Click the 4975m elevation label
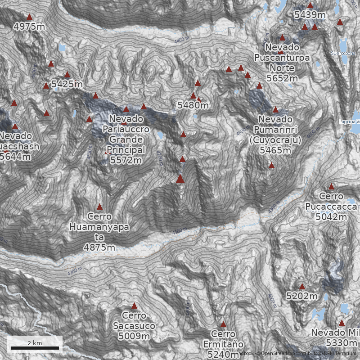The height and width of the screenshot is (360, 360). pyautogui.click(x=29, y=27)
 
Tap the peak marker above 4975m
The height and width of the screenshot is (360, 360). pyautogui.click(x=30, y=17)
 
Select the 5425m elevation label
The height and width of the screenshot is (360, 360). pyautogui.click(x=67, y=84)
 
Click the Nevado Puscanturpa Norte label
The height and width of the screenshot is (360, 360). pyautogui.click(x=282, y=63)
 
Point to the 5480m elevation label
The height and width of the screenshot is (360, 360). pyautogui.click(x=193, y=105)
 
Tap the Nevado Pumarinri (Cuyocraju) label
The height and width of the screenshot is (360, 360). pyautogui.click(x=275, y=135)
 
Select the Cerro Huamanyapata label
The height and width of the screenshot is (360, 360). pyautogui.click(x=99, y=232)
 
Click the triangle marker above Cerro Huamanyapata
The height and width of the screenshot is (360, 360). pyautogui.click(x=99, y=207)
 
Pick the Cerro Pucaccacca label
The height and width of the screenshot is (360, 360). pyautogui.click(x=331, y=207)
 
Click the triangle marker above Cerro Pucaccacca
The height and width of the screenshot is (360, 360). pyautogui.click(x=331, y=187)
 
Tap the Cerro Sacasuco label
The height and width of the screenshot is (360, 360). pyautogui.click(x=134, y=326)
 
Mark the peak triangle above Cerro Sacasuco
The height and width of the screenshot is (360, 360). pyautogui.click(x=134, y=306)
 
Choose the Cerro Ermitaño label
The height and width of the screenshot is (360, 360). pyautogui.click(x=223, y=344)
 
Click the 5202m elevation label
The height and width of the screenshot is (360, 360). pyautogui.click(x=302, y=296)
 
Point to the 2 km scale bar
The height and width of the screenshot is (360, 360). pyautogui.click(x=35, y=348)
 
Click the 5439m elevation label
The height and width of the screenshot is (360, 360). pyautogui.click(x=310, y=15)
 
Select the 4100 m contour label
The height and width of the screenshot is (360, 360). pyautogui.click(x=179, y=230)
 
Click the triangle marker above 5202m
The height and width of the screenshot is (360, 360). pyautogui.click(x=302, y=287)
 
